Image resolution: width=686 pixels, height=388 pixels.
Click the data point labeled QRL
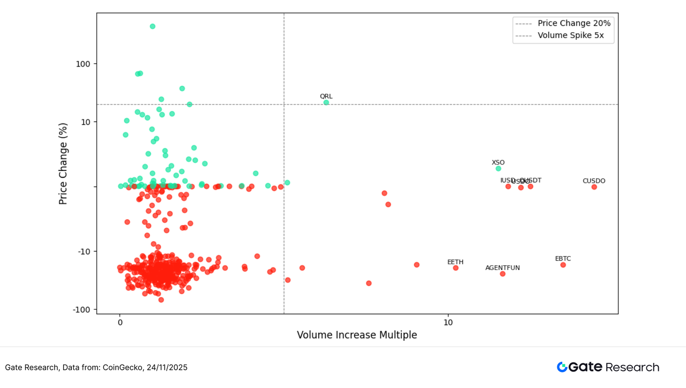(326, 102)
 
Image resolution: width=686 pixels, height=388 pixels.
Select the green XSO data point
(498, 168)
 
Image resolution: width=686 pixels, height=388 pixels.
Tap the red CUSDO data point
(594, 187)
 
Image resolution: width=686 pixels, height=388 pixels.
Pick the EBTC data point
(563, 265)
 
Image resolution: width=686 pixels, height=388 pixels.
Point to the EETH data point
(456, 268)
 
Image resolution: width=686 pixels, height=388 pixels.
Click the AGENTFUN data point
(503, 274)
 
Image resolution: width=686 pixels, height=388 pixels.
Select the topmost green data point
(152, 26)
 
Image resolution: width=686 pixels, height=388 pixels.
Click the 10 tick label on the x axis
(448, 322)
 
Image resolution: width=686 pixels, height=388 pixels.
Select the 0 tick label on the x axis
(120, 322)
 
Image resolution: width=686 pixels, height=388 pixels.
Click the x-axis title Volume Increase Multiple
(357, 335)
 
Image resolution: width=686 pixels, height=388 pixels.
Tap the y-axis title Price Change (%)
(64, 163)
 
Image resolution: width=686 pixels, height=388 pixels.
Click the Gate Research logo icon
(562, 367)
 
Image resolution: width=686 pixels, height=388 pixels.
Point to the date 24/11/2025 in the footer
(167, 367)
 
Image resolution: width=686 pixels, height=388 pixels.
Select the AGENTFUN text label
(503, 267)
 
